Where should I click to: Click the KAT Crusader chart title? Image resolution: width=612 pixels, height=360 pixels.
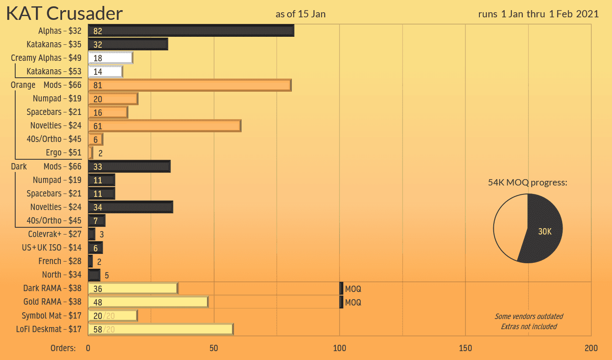pyautogui.click(x=64, y=14)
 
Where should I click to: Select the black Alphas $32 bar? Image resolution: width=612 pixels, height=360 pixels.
pyautogui.click(x=191, y=31)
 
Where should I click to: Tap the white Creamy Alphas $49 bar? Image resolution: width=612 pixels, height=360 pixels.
pyautogui.click(x=111, y=58)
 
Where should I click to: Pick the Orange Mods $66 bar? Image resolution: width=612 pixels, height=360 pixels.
pyautogui.click(x=190, y=85)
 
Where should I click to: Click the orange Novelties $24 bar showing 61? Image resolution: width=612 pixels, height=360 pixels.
pyautogui.click(x=165, y=126)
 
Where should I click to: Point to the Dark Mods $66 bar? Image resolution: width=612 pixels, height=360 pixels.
pyautogui.click(x=129, y=166)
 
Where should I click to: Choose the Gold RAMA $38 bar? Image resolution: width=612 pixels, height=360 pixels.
pyautogui.click(x=148, y=302)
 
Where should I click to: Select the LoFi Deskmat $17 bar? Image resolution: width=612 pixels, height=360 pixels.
pyautogui.click(x=160, y=329)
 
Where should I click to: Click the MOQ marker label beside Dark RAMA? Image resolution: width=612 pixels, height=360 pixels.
pyautogui.click(x=353, y=289)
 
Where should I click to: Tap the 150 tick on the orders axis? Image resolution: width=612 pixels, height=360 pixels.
pyautogui.click(x=465, y=348)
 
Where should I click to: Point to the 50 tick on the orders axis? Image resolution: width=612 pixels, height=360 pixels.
pyautogui.click(x=214, y=348)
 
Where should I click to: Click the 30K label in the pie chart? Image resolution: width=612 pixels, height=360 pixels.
pyautogui.click(x=545, y=232)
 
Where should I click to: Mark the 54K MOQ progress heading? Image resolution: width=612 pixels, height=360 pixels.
pyautogui.click(x=528, y=183)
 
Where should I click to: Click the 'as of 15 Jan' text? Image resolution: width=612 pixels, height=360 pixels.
pyautogui.click(x=300, y=14)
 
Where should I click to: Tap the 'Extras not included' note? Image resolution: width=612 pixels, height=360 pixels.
pyautogui.click(x=529, y=327)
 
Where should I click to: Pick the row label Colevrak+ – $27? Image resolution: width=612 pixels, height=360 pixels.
pyautogui.click(x=54, y=234)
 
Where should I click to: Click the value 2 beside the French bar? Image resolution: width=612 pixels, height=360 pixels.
pyautogui.click(x=99, y=262)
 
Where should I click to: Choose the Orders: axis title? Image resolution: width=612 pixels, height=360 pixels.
pyautogui.click(x=63, y=348)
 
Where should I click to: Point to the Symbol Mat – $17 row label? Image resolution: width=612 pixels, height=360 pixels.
pyautogui.click(x=52, y=316)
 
